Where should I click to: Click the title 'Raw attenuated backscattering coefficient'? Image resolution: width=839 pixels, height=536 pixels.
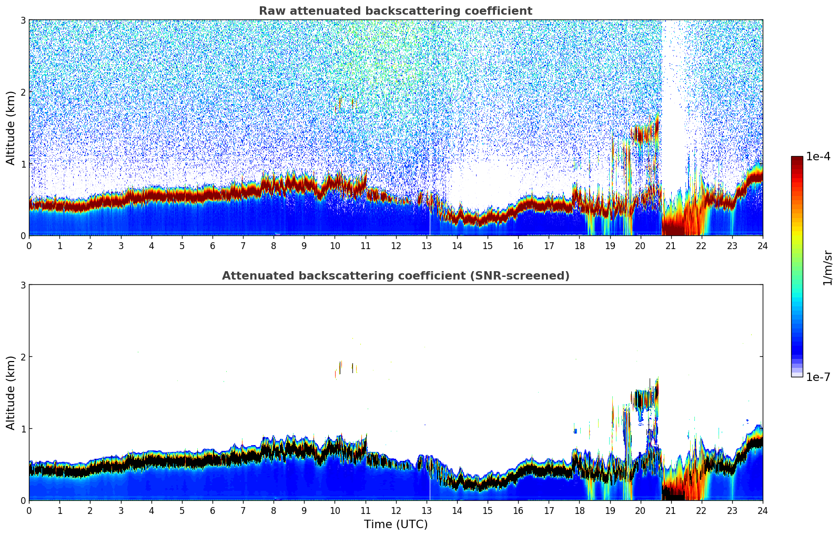coord(395,11)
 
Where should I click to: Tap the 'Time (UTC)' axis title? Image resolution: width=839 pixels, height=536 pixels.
coord(396,524)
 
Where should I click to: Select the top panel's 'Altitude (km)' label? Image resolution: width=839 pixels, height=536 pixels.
coord(11,128)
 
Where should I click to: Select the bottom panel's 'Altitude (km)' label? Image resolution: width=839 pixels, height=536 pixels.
coord(11,393)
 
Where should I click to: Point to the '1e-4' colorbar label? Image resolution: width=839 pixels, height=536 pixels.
coord(818,157)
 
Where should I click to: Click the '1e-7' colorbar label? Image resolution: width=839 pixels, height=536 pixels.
coord(818,377)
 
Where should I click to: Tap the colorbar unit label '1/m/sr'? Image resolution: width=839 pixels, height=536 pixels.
coord(827,268)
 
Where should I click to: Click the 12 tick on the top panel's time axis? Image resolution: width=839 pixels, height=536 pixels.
coord(396,245)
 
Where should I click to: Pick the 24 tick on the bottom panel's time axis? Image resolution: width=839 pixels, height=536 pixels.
coord(762,510)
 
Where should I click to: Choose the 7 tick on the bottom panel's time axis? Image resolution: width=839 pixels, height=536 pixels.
coord(243,510)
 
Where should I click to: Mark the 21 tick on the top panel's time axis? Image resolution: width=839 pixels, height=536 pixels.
coord(671,245)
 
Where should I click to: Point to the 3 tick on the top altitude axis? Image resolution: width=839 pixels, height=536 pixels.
coord(23,20)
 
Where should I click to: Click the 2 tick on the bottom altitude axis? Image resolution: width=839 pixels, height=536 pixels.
coord(23,357)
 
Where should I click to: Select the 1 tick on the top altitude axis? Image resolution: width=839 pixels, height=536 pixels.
coord(23,164)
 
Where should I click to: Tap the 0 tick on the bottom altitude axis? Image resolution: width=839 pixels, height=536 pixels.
coord(23,500)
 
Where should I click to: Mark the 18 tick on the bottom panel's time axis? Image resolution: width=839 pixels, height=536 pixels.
coord(579,510)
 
